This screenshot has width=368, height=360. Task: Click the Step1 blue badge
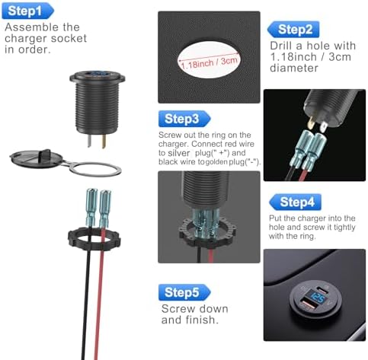point(27,11)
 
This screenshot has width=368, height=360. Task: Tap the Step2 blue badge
point(293,30)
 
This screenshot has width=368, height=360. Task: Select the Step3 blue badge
point(184,119)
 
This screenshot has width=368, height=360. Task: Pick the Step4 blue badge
point(295,202)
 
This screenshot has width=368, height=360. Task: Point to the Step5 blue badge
point(184,292)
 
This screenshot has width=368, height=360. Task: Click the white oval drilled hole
point(209,60)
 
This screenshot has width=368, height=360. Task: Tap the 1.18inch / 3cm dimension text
point(210,62)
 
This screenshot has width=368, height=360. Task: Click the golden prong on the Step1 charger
point(104,141)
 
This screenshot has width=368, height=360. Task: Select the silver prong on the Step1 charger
point(89,140)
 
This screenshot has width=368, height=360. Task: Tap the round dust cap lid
point(36,158)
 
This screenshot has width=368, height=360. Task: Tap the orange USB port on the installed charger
point(306,304)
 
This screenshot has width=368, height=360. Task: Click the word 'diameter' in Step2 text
point(294,68)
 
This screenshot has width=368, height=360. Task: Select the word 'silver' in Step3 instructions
point(178,153)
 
